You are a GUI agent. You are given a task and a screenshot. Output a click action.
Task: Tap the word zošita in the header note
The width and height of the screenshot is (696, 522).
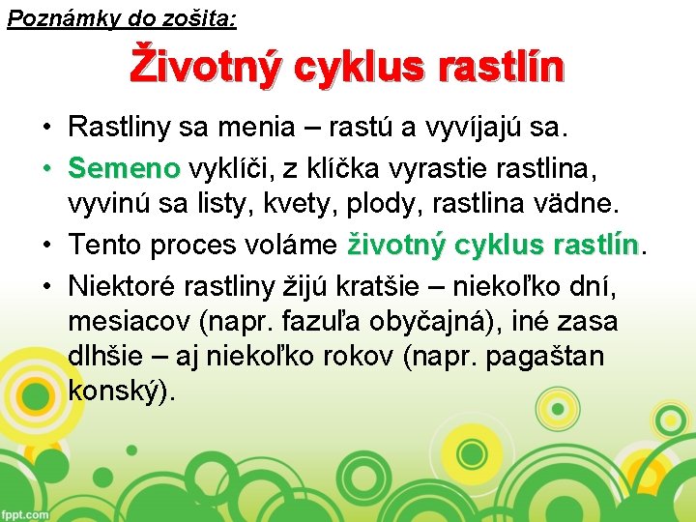202,17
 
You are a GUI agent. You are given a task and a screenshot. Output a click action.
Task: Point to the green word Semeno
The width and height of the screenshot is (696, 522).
124,169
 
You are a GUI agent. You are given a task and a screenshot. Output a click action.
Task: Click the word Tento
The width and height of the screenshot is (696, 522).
107,245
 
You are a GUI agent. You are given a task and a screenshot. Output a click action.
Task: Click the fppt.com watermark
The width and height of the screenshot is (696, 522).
25,514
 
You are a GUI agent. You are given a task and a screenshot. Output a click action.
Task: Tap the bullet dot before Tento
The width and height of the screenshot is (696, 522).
46,246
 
